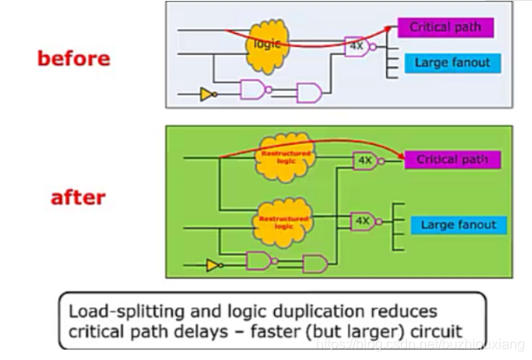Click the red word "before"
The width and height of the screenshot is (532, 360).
click(74, 58)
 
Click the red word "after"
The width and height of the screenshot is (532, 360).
click(78, 197)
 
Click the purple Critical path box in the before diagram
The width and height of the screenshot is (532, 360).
click(445, 28)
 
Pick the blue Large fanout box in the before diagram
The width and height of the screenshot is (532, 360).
click(451, 62)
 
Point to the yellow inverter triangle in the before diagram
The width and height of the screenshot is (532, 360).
click(207, 94)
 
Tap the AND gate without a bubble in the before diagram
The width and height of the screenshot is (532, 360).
click(309, 93)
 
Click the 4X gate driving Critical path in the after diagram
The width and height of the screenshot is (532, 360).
click(365, 160)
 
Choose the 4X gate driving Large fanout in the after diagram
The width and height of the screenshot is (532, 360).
click(365, 222)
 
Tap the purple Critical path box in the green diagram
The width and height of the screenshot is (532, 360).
click(451, 160)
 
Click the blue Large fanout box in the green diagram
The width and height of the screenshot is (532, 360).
click(458, 225)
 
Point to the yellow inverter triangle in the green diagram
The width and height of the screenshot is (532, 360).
click(211, 264)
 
